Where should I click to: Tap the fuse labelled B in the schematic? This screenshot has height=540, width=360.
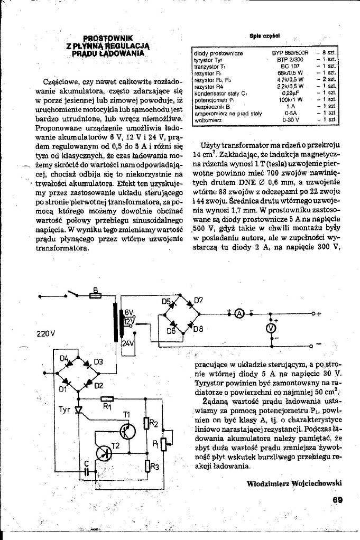pos(96,296)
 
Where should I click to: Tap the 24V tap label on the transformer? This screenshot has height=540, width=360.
pos(128,343)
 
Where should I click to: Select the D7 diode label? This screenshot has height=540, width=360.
pos(198,301)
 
